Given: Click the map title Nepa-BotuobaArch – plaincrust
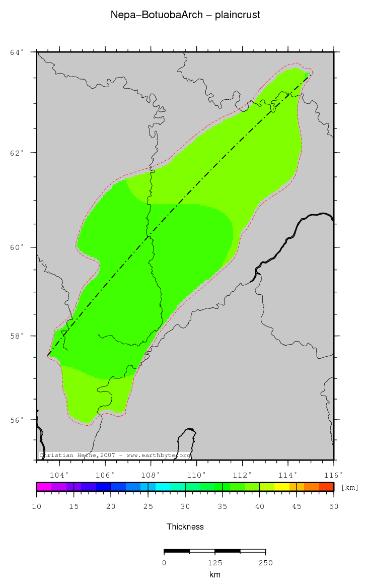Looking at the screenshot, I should [x=185, y=15].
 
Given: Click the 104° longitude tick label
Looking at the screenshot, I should [x=59, y=475].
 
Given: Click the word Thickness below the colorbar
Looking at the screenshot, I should [x=185, y=527].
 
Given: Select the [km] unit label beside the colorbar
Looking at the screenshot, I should [x=350, y=487].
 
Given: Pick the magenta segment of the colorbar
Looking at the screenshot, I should [x=44, y=487].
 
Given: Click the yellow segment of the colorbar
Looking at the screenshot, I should [x=282, y=487].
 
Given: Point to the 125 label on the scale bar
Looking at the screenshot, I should [x=215, y=563].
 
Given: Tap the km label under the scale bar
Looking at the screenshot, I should [x=215, y=574].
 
